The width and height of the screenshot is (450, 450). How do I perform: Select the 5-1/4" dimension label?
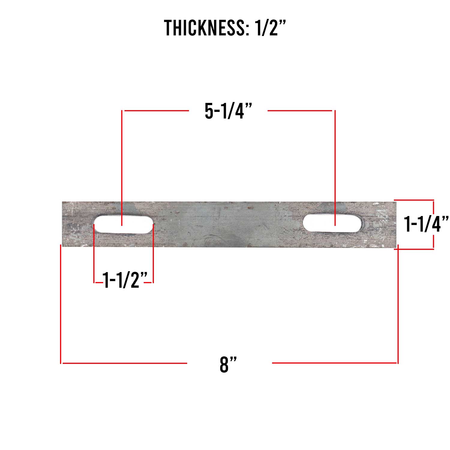pos(228,111)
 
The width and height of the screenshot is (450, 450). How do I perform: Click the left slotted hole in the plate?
pos(123,224)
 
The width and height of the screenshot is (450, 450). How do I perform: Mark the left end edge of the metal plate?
pos(63,224)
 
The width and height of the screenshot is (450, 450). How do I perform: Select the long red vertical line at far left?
pos(61,303)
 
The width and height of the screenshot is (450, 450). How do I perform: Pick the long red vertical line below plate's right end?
pos(398,303)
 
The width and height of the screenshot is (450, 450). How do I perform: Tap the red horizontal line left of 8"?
pos(124,363)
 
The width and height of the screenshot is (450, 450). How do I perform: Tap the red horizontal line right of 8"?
pos(334,363)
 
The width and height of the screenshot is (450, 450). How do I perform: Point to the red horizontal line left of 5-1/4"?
pos(156,111)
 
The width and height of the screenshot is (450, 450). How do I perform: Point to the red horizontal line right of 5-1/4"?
pos(300,111)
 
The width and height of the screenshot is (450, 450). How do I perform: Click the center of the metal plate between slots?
pos(228,224)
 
